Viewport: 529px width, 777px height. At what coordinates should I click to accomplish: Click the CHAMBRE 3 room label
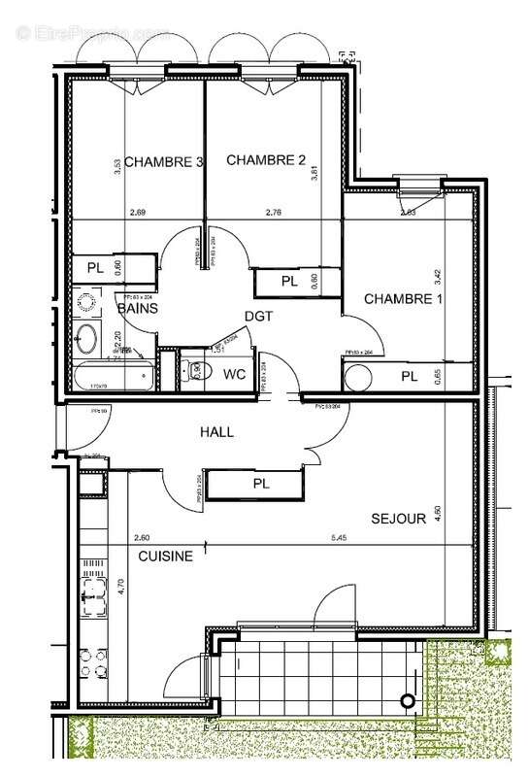tap(163, 162)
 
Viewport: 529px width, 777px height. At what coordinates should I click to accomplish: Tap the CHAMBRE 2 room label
tap(266, 160)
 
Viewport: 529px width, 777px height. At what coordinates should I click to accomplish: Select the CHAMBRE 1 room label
tap(403, 299)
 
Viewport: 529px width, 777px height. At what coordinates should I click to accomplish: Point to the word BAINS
tap(138, 308)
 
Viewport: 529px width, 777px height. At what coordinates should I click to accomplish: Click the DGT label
tap(258, 316)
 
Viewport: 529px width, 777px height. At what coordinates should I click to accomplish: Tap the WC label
tap(235, 373)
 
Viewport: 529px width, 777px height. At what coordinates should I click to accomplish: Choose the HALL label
tap(216, 432)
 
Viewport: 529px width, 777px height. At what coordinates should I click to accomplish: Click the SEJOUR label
tap(398, 519)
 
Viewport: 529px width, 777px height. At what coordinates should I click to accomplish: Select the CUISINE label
tap(164, 557)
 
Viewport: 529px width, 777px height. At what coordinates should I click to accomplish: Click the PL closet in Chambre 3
tap(95, 266)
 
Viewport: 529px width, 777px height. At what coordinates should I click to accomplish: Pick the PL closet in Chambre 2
tap(288, 282)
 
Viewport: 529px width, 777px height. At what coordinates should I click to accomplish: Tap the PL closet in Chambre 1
tap(409, 375)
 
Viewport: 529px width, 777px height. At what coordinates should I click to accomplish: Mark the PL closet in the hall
tap(260, 483)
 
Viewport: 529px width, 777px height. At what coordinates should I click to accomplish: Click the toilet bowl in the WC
tap(195, 369)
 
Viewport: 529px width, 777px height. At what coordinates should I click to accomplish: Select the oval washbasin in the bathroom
tap(87, 339)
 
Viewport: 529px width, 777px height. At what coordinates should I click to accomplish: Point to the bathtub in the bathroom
tap(112, 375)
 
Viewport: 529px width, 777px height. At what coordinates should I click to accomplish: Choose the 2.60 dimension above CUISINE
tap(143, 537)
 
